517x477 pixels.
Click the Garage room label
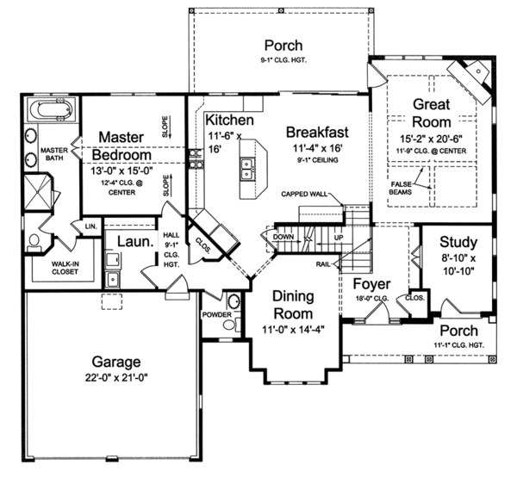coord(118,362)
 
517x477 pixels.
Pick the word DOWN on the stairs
coord(283,236)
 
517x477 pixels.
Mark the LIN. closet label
coord(90,226)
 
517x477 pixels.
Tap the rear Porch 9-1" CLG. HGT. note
coord(283,59)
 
